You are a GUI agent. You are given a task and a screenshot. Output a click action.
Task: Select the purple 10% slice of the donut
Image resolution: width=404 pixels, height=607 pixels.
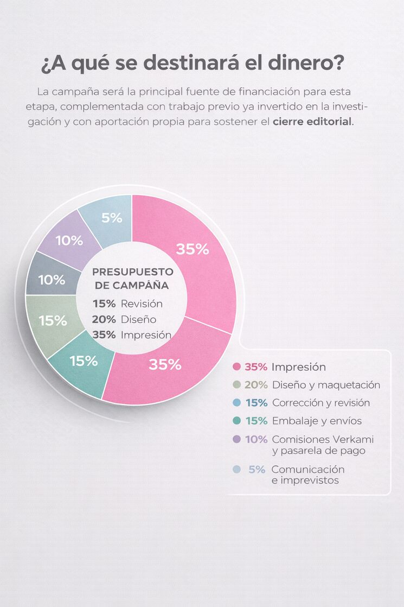click(69, 241)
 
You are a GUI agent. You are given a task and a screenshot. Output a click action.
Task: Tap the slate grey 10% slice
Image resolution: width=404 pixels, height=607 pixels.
click(51, 280)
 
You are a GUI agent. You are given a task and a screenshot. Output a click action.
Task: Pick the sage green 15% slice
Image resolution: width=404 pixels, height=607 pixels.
click(53, 320)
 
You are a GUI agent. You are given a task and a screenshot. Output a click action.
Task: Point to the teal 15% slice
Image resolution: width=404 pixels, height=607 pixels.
click(84, 361)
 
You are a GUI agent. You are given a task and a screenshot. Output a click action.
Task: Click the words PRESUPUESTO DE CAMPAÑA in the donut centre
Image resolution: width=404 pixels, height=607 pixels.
click(132, 278)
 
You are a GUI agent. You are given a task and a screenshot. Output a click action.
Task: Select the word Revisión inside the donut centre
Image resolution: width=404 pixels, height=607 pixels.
click(142, 303)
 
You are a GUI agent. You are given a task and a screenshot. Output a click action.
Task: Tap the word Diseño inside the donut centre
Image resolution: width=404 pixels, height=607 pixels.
click(138, 319)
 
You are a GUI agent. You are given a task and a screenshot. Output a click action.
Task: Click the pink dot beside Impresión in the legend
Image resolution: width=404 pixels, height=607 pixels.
click(236, 367)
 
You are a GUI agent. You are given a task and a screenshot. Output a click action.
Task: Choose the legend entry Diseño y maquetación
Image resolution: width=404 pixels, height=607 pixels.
click(326, 385)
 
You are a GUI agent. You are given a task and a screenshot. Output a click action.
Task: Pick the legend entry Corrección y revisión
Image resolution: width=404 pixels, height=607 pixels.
click(320, 403)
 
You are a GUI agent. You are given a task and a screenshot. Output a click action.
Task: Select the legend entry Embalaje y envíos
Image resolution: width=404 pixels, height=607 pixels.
click(317, 421)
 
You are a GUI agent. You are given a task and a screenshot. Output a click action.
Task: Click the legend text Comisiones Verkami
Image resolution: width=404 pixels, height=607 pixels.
click(323, 439)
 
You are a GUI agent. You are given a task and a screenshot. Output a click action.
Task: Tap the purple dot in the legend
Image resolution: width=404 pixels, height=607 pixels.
click(236, 439)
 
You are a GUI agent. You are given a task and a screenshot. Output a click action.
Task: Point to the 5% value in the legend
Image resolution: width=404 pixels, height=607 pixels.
click(257, 470)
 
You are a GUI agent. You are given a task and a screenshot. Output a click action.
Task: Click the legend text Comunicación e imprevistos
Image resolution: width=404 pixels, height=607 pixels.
click(307, 475)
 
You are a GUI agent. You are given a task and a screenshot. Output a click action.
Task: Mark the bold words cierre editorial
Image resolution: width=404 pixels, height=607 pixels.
click(312, 121)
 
